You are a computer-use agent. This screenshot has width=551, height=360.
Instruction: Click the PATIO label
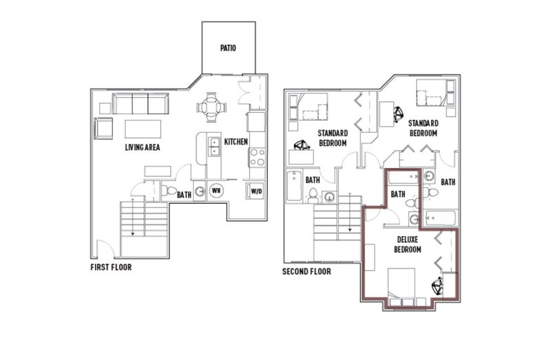point(228,47)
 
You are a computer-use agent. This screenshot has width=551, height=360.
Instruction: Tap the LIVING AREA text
point(143,147)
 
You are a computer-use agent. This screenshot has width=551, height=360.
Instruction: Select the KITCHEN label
point(236,142)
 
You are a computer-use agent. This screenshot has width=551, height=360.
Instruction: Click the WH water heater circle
point(216,191)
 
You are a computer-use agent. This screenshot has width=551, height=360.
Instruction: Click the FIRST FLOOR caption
point(111,267)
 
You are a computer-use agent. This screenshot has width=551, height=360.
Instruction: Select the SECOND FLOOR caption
point(306,271)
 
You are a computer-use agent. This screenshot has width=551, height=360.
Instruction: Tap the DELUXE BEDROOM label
point(408,244)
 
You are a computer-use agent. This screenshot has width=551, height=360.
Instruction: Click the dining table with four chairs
point(211,107)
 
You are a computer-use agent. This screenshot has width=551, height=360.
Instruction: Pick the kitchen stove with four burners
point(257,158)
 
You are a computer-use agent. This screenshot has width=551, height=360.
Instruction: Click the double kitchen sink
point(214,147)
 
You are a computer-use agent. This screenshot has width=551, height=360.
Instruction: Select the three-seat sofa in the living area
point(141,104)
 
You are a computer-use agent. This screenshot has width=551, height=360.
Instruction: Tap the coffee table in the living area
point(143,129)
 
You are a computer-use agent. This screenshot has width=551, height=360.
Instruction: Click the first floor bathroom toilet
point(169,191)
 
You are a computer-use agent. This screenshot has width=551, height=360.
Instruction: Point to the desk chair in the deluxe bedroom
point(437,286)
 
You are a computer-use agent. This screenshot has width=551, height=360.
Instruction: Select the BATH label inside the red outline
point(398,194)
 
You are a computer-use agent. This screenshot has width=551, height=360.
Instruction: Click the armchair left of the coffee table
point(103,128)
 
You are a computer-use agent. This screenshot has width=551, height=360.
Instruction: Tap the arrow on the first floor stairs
point(133,217)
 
